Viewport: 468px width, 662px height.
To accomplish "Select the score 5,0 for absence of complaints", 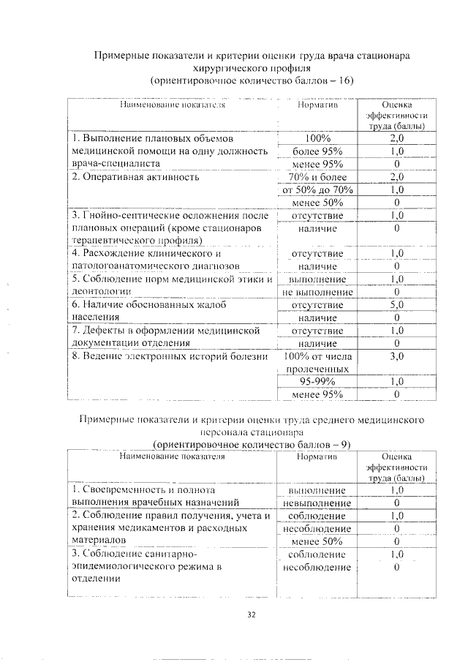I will pos(396,305).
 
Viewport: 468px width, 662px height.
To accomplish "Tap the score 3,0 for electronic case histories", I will pos(396,356).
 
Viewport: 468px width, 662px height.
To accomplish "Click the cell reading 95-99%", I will pos(317,382).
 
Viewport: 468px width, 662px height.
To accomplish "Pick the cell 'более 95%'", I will pos(317,151).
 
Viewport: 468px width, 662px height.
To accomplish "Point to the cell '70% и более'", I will pos(317,176).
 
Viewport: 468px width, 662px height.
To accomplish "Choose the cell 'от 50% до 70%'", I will pos(317,189).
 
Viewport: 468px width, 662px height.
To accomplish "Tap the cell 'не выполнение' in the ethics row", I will pos(317,292).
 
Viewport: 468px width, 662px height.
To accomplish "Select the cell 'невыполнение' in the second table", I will pos(317,503).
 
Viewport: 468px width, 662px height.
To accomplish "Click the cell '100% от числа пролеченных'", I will pos(317,363).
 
